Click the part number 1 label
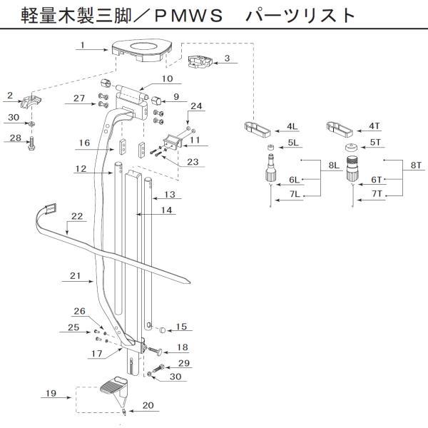click(83, 46)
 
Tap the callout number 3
click(226, 58)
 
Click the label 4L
click(292, 126)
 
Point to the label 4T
click(374, 126)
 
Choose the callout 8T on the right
click(415, 165)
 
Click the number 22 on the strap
click(76, 215)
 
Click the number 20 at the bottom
click(149, 405)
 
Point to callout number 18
click(182, 347)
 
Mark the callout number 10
click(167, 79)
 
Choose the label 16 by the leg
click(83, 143)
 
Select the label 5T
click(375, 143)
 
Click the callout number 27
click(78, 99)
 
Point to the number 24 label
click(196, 106)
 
